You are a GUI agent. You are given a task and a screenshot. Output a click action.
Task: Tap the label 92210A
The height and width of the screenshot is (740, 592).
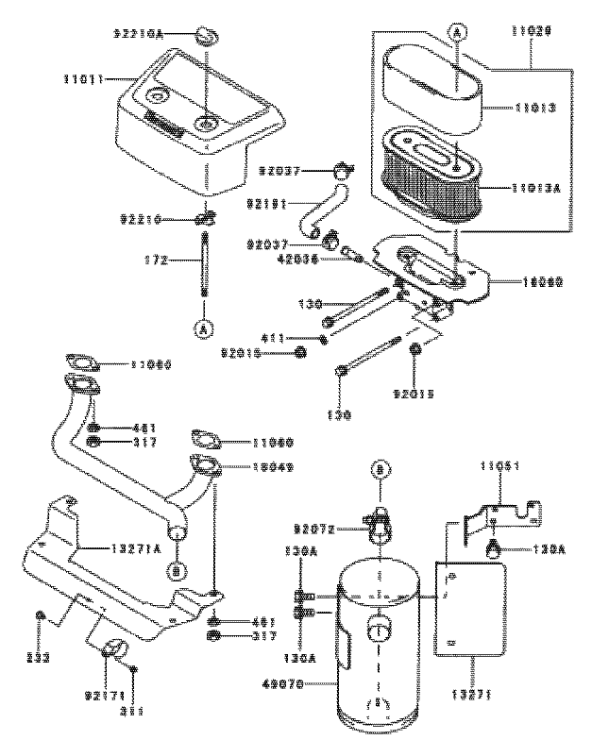tap(139, 33)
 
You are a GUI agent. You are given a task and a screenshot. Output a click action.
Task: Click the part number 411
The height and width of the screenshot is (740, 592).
tap(297, 337)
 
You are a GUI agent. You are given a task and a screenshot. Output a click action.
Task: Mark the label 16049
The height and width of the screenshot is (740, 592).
tap(273, 466)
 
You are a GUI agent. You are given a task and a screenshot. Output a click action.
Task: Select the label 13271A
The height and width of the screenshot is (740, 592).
tap(117, 547)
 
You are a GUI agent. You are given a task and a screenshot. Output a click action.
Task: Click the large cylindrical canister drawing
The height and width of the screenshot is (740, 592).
tap(381, 651)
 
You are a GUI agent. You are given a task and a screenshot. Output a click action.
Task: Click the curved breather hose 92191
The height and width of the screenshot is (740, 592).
tap(309, 221)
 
